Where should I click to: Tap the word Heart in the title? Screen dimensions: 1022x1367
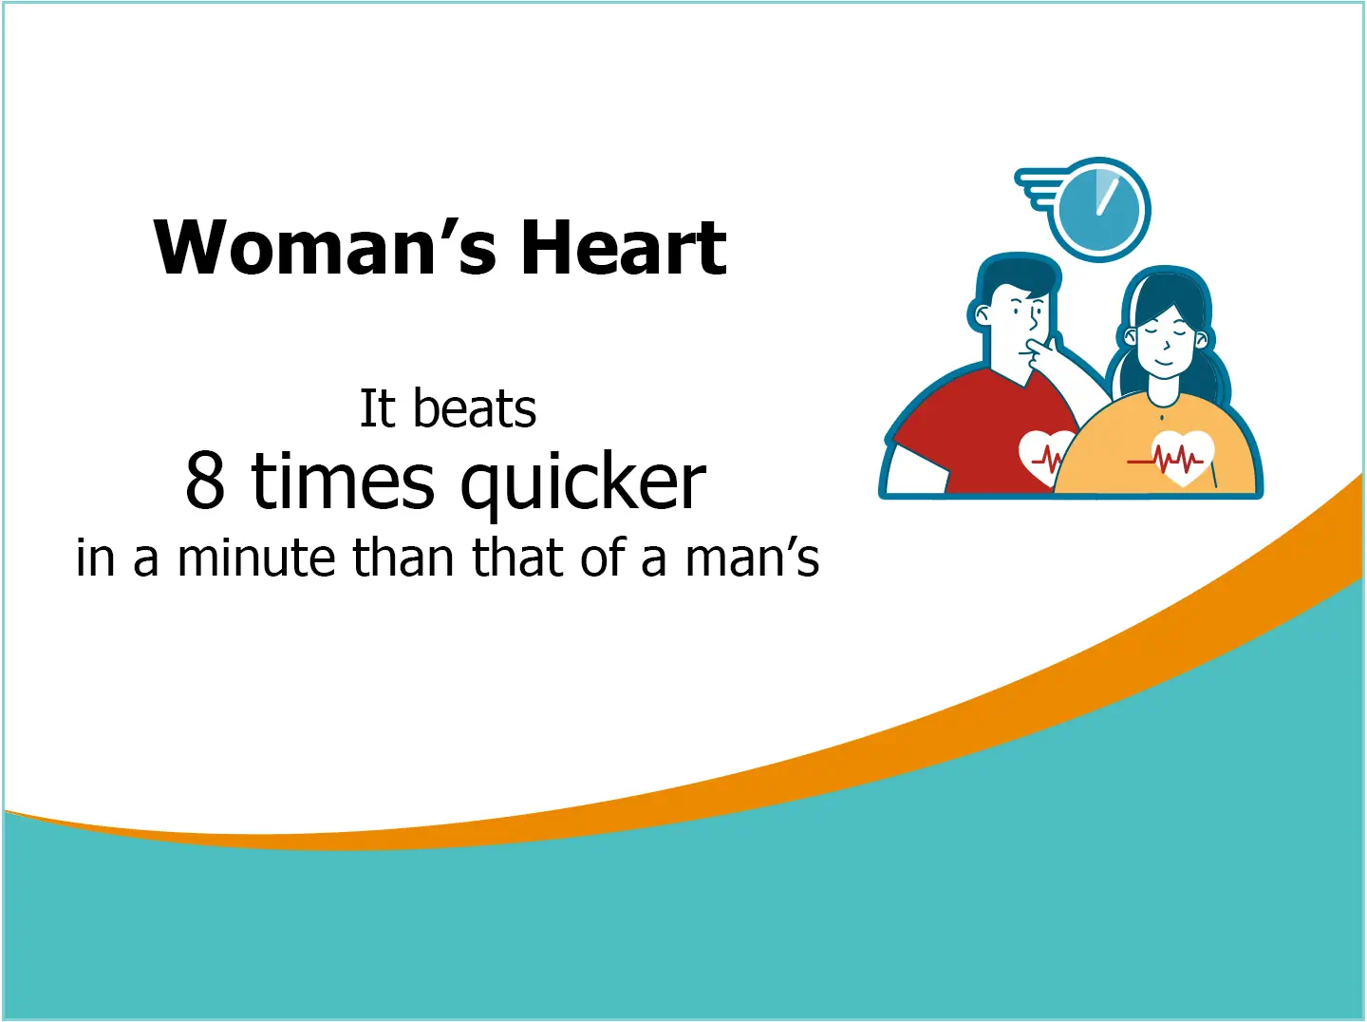[624, 248]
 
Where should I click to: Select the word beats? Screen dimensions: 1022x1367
[475, 409]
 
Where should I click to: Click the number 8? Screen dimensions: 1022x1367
[205, 481]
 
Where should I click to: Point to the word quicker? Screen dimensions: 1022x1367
[583, 483]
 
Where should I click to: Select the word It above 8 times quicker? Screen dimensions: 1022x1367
[377, 409]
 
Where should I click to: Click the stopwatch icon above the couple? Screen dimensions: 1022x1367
[1098, 210]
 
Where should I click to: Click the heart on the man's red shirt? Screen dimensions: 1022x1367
[1044, 456]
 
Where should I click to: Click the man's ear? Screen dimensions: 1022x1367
[980, 314]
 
